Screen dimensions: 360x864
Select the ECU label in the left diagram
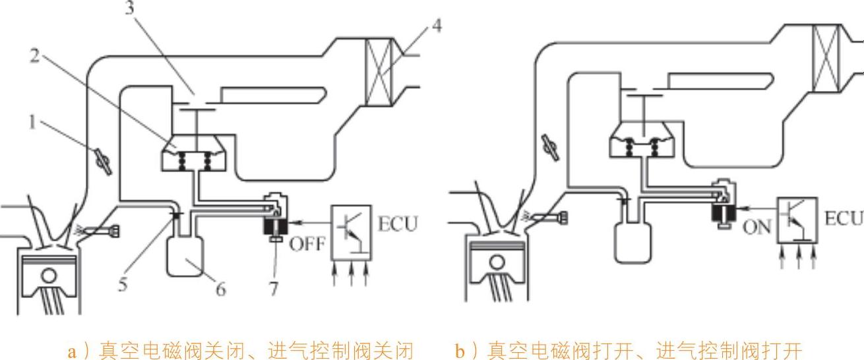point(397,224)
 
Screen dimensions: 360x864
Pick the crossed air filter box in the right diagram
point(825,51)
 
